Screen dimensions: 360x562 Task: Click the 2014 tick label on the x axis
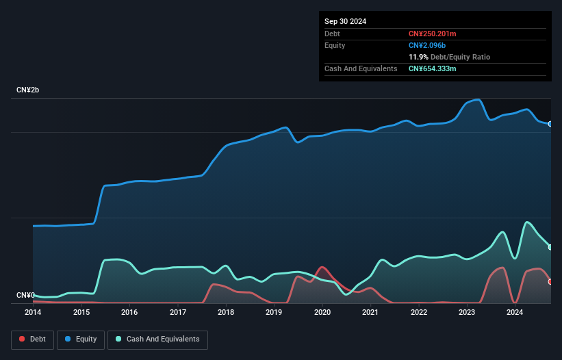coord(33,312)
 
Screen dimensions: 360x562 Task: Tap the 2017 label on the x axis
coord(177,312)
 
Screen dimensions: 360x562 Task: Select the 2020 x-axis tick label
coord(322,312)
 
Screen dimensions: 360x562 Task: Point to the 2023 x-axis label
coord(466,312)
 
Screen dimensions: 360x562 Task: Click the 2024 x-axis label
coord(515,312)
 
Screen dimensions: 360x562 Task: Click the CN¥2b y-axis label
coord(28,90)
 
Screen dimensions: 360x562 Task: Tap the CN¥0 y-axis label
coord(25,295)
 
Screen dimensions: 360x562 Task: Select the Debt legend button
coord(31,339)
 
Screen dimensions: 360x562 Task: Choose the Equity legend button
coord(81,339)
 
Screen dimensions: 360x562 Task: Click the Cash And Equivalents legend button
coord(157,339)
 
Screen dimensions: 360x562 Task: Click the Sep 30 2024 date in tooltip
coord(345,21)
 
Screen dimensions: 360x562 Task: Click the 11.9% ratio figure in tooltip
coord(418,57)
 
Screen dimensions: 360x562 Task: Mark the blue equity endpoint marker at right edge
coord(550,124)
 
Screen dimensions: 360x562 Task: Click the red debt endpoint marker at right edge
coord(550,281)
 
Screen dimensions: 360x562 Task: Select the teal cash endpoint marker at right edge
coord(550,247)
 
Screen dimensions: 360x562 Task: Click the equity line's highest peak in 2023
coord(477,100)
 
